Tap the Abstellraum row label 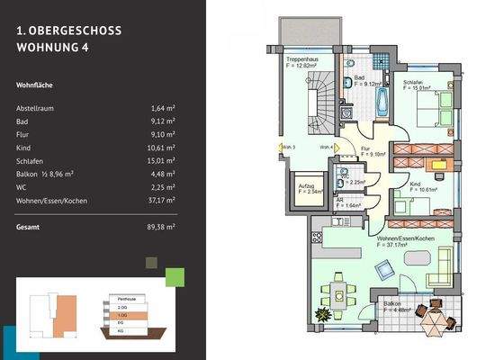click(x=40, y=107)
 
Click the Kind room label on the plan click(x=415, y=184)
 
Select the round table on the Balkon click(x=431, y=317)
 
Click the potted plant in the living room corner click(x=320, y=314)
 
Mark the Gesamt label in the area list click(x=29, y=228)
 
